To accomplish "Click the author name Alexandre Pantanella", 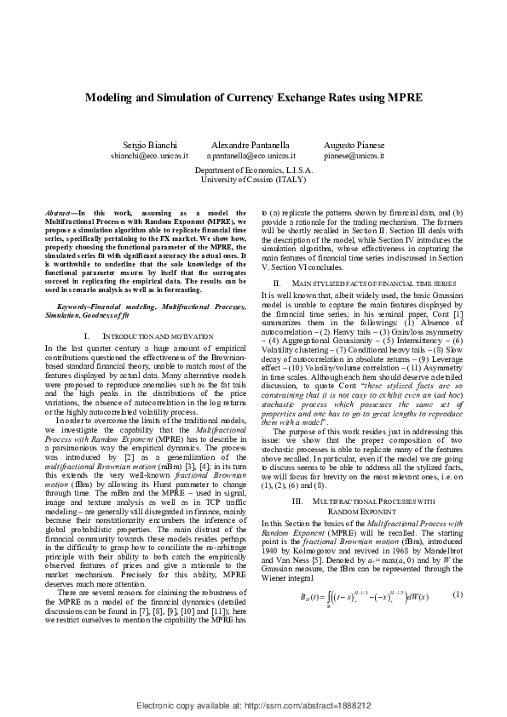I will click(x=250, y=146).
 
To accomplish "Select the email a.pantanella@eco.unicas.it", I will click(x=251, y=157).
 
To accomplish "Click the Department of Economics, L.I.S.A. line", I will click(x=253, y=171).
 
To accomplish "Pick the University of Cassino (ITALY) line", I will click(x=253, y=181).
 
